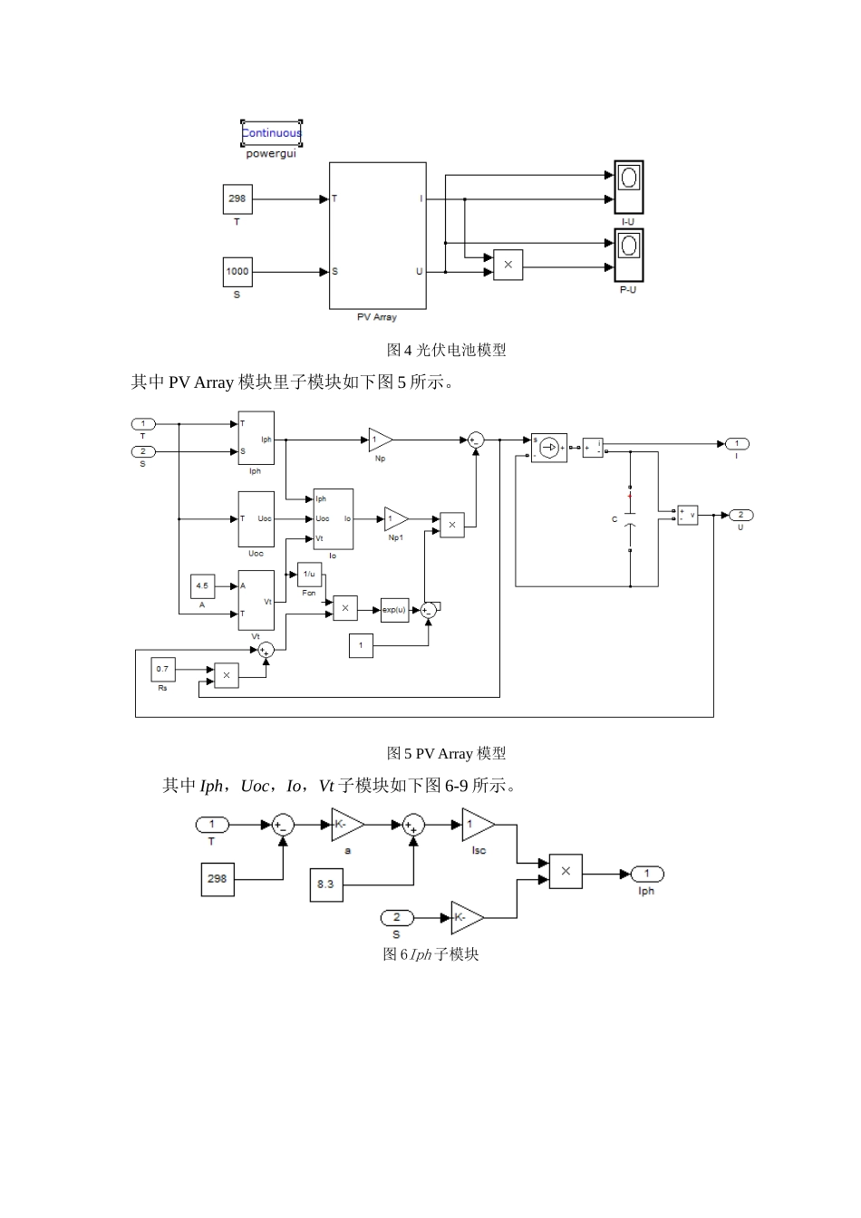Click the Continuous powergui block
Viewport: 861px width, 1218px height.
(x=271, y=133)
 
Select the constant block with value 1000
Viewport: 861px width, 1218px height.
(x=237, y=272)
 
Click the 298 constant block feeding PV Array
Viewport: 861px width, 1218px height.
(x=237, y=199)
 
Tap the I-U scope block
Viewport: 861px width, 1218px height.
(x=628, y=187)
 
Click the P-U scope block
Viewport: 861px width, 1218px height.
(x=628, y=255)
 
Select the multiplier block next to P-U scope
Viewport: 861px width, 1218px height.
(x=508, y=265)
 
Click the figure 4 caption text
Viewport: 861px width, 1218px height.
(x=446, y=350)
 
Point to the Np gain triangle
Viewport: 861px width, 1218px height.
(x=379, y=440)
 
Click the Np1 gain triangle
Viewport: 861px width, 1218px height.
(x=394, y=519)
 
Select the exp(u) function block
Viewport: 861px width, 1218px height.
(x=394, y=610)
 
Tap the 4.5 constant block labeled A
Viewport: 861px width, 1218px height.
(x=202, y=586)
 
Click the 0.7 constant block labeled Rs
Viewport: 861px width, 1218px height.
(x=162, y=670)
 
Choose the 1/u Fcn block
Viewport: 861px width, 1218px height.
(x=309, y=575)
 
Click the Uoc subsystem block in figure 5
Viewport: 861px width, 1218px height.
(x=256, y=519)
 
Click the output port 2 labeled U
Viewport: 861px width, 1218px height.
(x=740, y=515)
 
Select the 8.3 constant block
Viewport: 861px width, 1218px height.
(x=325, y=884)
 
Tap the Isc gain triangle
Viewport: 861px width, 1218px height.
(x=477, y=826)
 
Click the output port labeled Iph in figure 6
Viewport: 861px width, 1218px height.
(x=647, y=874)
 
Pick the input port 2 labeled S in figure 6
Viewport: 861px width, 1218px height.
(x=396, y=917)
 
